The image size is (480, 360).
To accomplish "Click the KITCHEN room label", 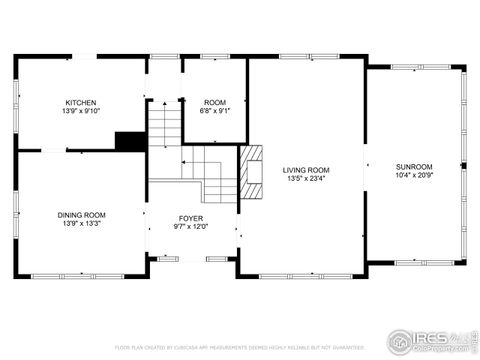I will pos(81,103).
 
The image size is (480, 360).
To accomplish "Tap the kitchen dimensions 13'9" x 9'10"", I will pos(81,112).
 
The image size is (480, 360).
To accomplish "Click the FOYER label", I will pos(191,218).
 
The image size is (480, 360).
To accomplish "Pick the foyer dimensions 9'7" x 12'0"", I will pos(191,227).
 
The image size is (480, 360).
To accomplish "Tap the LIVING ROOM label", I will pos(305,171).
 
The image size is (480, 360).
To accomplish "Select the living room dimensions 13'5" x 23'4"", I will pos(305,180).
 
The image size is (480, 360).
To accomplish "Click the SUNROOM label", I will pos(413,166).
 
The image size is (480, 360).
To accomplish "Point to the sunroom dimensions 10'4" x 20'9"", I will pos(413,175).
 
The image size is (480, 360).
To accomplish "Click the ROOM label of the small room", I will pos(215,103).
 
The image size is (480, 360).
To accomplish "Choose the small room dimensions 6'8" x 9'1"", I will pos(215,112).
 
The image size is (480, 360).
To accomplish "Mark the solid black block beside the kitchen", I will pos(129,141).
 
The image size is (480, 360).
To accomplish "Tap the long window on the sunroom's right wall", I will pos(464,165).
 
